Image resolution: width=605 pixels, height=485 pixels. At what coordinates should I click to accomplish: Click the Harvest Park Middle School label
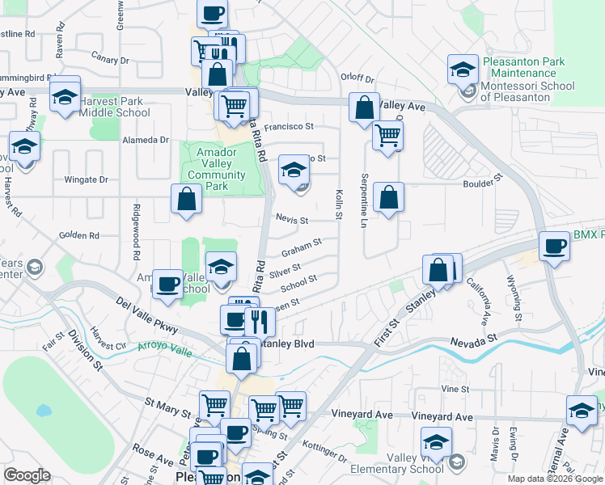115,107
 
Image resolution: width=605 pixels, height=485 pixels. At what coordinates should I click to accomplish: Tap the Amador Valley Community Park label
216,169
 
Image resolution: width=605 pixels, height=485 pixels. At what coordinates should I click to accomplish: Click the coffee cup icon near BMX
555,246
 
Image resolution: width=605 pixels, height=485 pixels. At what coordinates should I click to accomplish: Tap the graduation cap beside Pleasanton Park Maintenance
463,70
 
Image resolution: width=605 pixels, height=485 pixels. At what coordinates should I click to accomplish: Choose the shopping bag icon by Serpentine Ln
389,197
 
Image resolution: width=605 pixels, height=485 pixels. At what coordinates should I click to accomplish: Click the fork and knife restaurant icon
260,322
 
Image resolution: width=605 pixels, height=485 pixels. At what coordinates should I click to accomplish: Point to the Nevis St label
292,220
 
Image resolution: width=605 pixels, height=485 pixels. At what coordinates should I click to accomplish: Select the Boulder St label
483,183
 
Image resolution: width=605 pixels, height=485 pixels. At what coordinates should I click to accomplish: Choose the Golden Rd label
78,236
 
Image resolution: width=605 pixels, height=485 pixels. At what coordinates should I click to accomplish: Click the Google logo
27,475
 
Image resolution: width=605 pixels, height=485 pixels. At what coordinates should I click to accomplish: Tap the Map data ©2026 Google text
555,479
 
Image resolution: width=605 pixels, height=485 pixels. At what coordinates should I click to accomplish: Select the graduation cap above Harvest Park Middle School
65,95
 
